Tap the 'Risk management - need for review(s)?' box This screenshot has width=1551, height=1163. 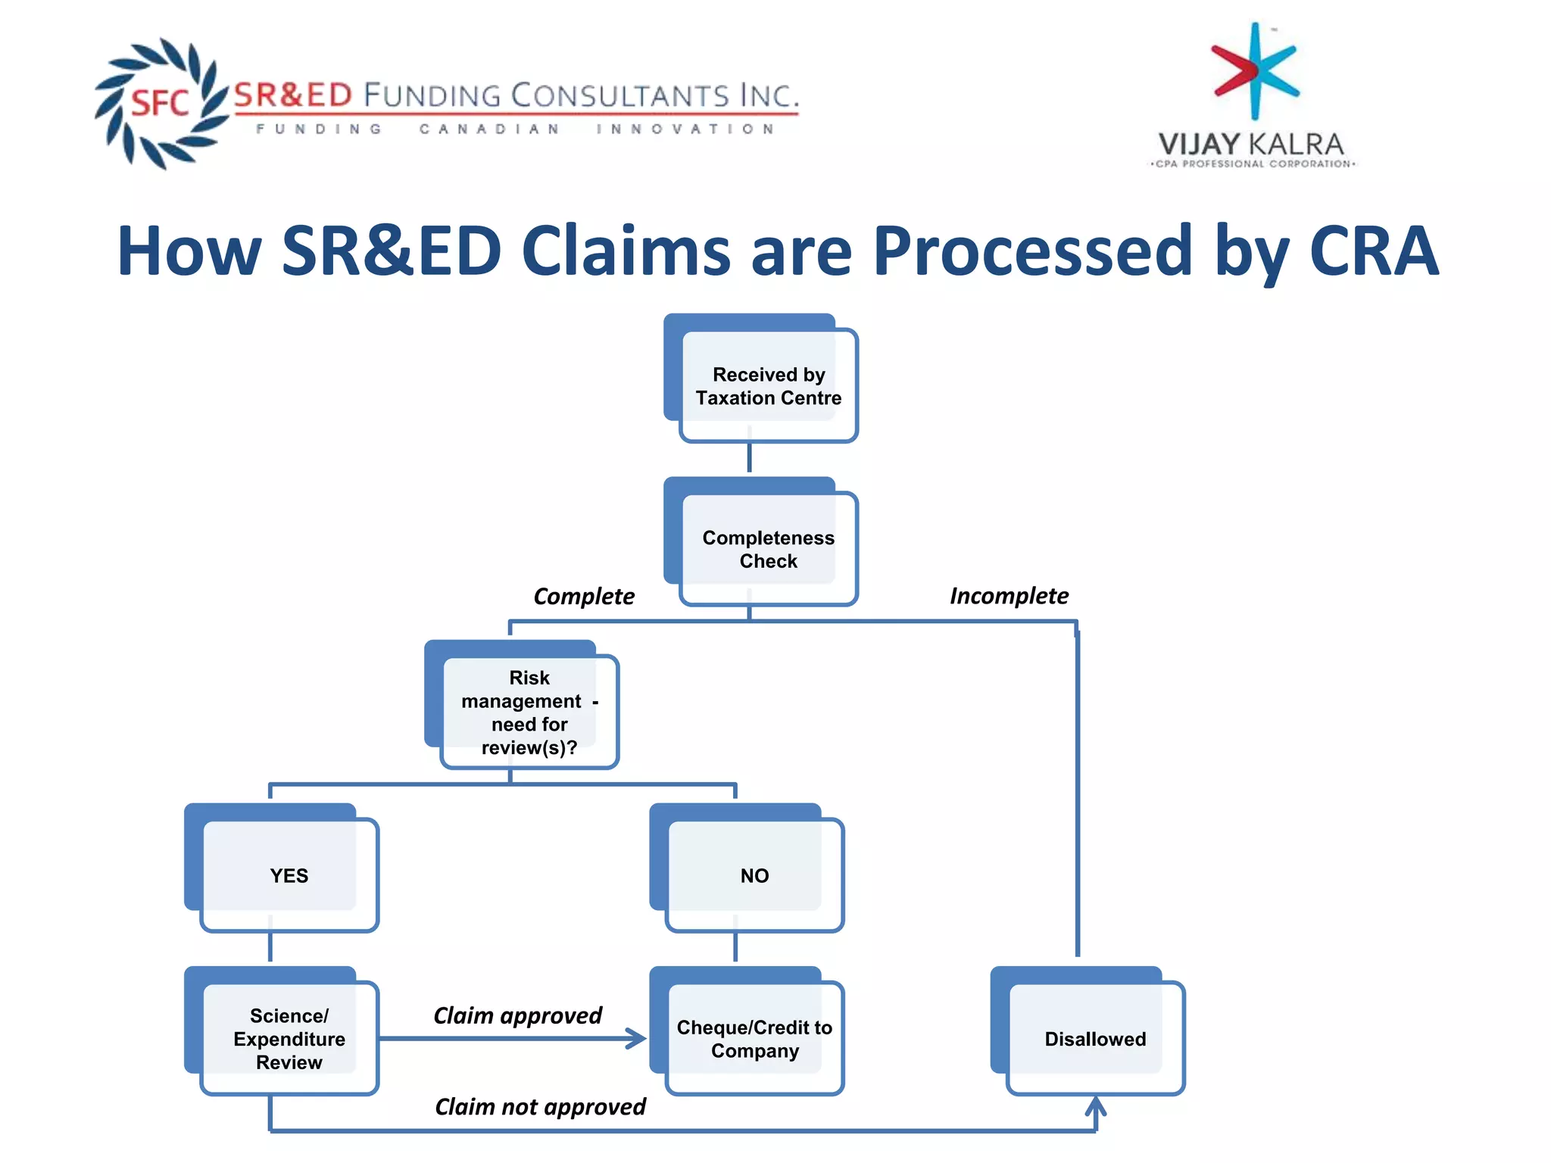click(x=529, y=712)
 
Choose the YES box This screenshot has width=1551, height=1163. click(x=289, y=875)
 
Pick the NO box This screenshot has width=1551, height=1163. click(x=754, y=875)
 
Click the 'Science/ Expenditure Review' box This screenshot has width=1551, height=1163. click(x=289, y=1038)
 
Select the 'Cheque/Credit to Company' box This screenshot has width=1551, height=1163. click(x=754, y=1038)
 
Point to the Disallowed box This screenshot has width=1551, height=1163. click(x=1094, y=1038)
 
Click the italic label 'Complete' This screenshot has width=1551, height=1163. click(x=584, y=597)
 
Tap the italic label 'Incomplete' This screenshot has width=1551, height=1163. click(x=1009, y=596)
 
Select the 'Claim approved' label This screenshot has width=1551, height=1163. click(x=517, y=1015)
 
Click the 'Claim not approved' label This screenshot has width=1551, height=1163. click(x=540, y=1107)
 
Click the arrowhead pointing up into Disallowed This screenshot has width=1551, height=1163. click(x=1096, y=1107)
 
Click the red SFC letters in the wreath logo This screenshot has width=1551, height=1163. click(x=160, y=103)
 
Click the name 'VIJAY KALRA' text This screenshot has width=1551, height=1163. click(x=1251, y=144)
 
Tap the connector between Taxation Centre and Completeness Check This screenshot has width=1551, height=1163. click(x=749, y=458)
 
